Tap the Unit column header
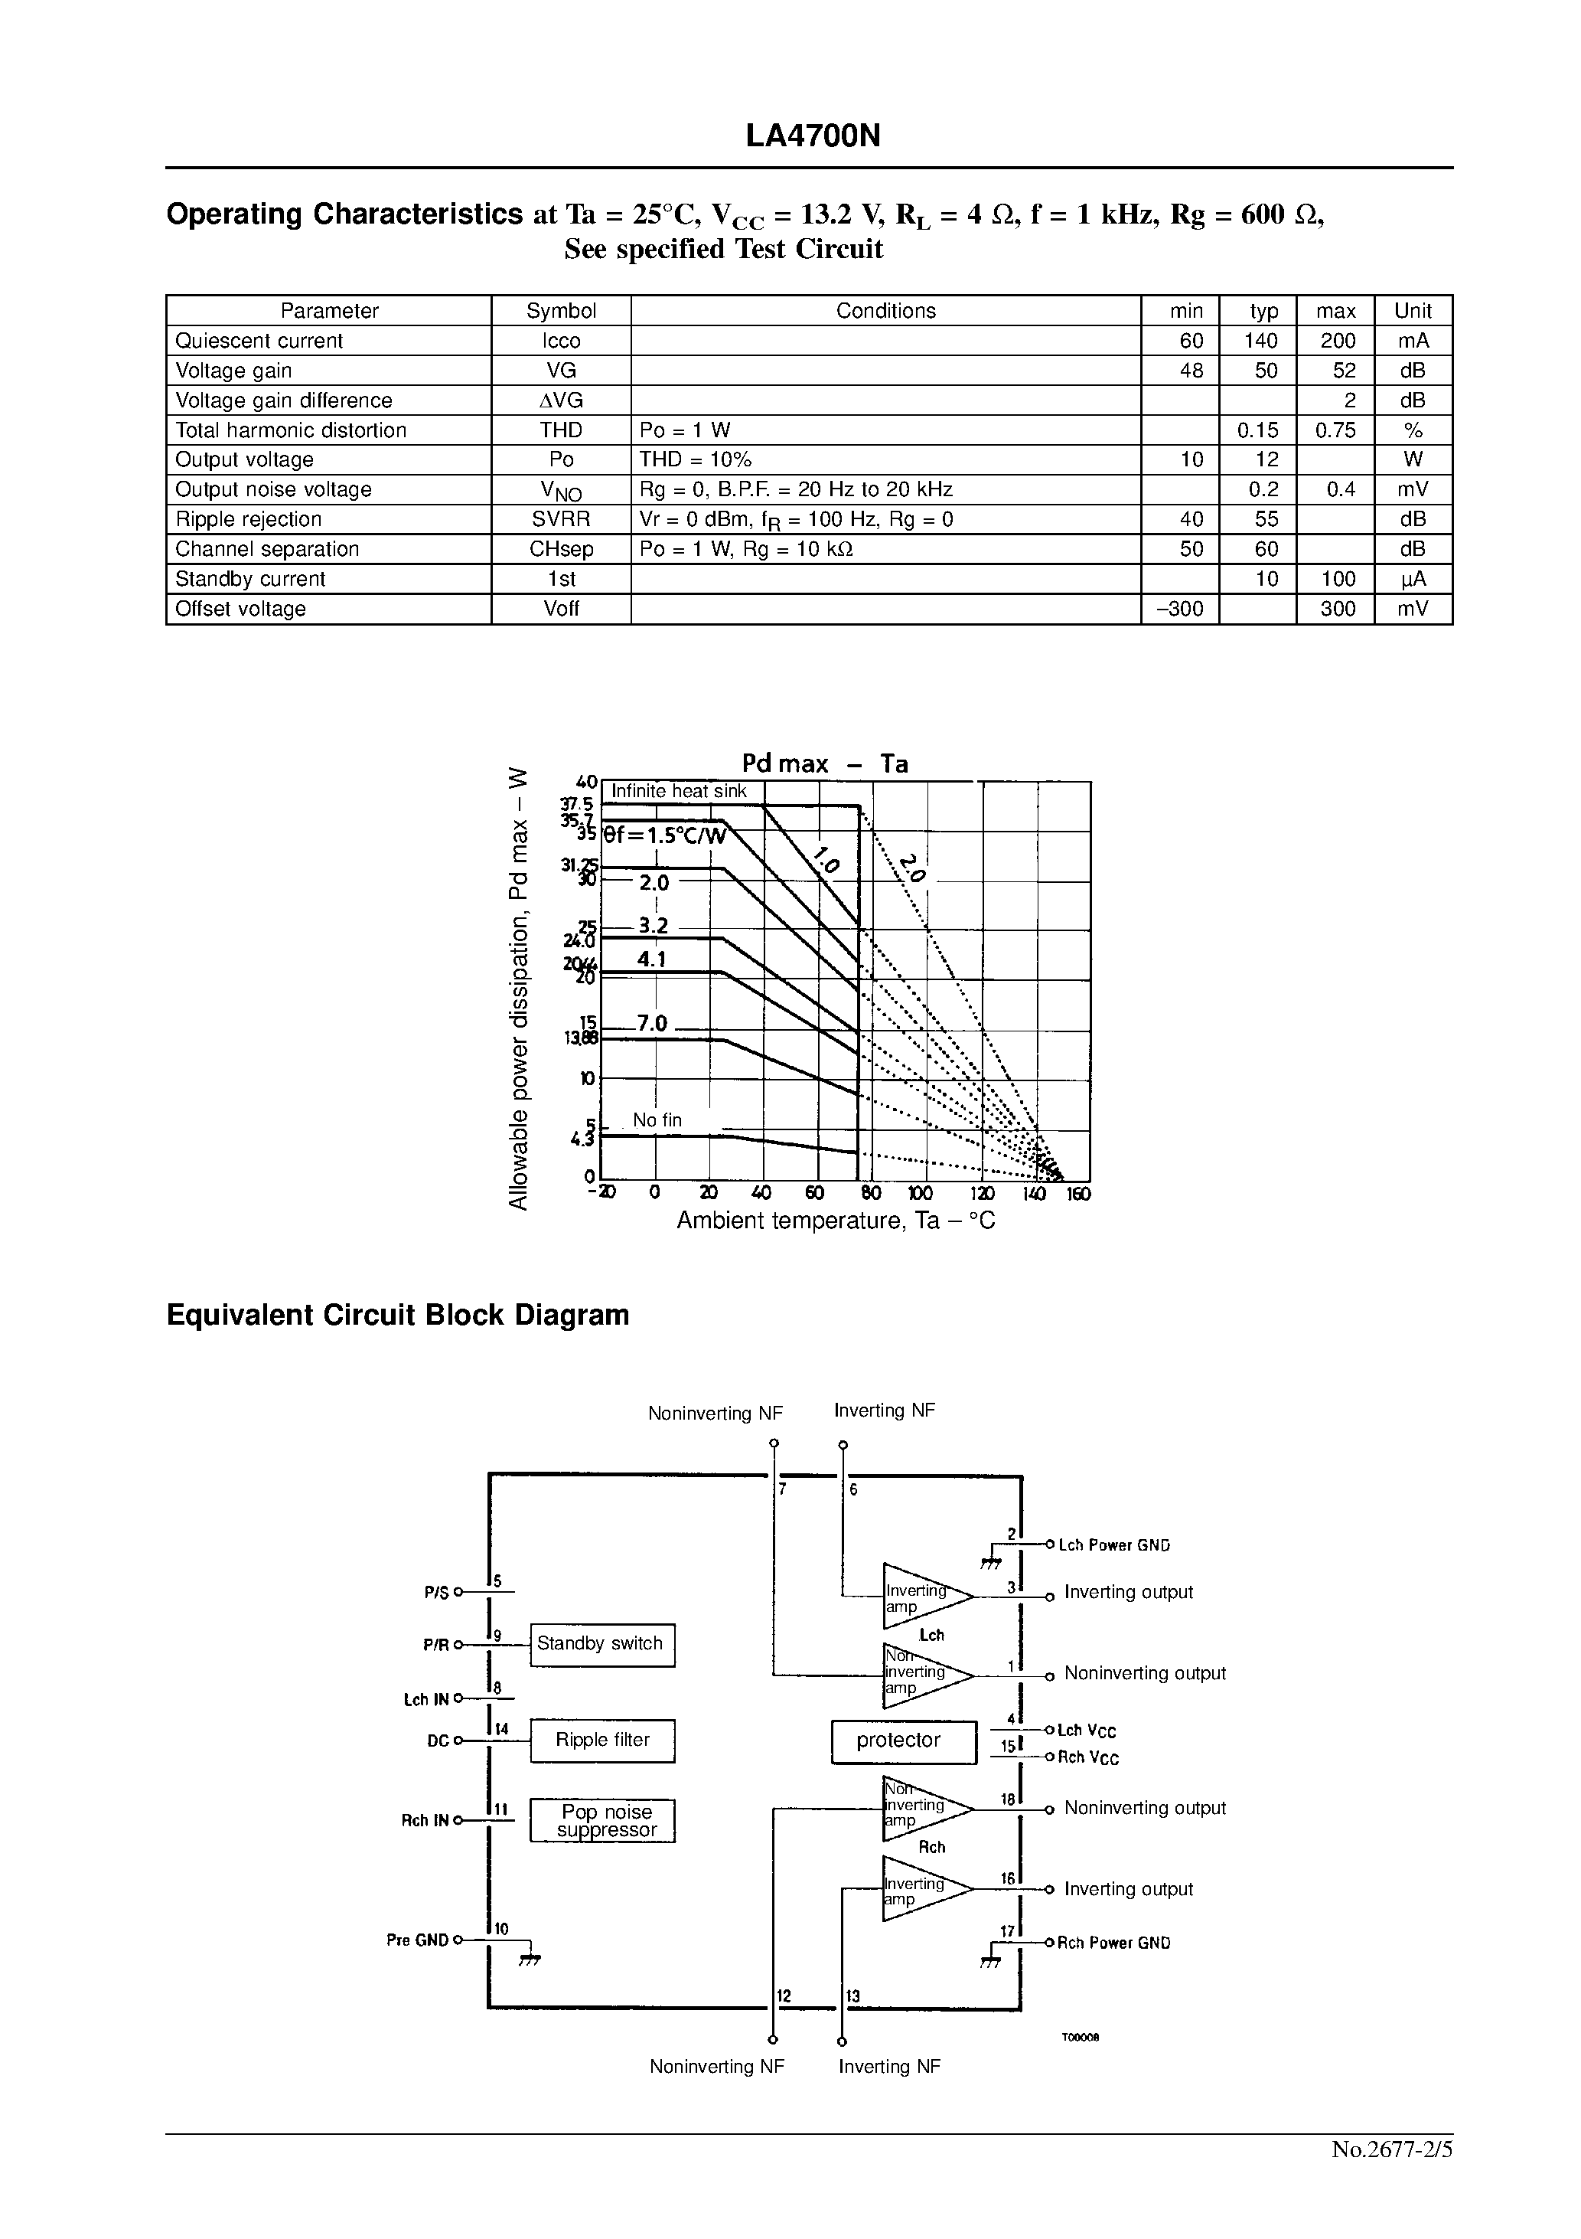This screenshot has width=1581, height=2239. coord(1413,311)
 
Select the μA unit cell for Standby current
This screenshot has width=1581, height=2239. coord(1413,579)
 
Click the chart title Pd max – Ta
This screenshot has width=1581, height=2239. coord(825,763)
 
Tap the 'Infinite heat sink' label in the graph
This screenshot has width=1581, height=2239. coord(679,792)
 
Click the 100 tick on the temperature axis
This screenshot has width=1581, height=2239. coord(919,1194)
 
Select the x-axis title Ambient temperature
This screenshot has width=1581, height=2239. coord(836,1221)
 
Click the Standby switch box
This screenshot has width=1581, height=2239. coord(602,1644)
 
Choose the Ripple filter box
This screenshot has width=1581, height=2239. coord(602,1741)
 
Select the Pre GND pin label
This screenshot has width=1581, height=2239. coord(417,1940)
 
